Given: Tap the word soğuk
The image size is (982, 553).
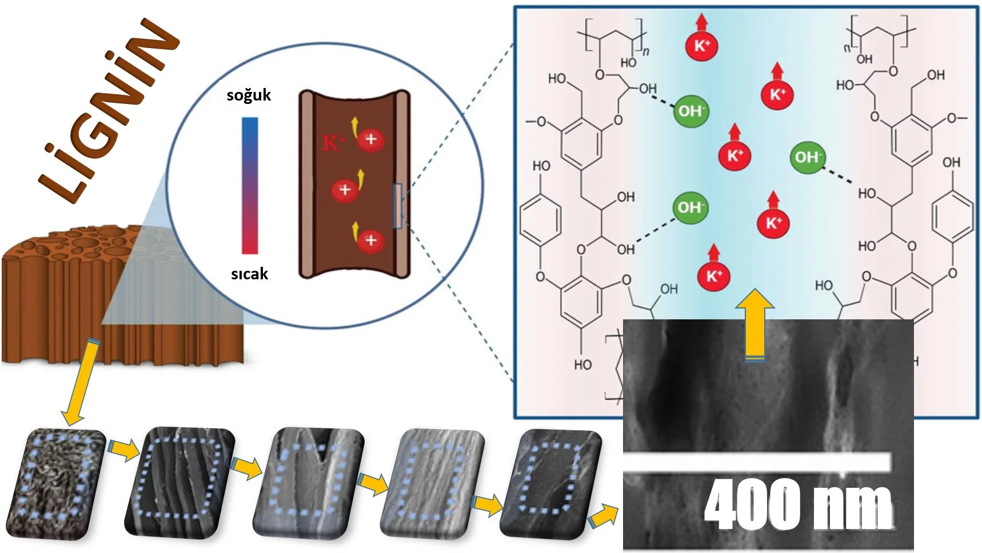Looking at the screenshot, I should [249, 95].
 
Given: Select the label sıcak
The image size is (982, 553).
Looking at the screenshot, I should [249, 274].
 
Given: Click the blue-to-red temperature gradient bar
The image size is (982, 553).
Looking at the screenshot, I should [250, 186].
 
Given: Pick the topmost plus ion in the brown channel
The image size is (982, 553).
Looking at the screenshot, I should [370, 139].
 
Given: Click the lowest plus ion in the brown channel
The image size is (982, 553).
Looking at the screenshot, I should [370, 240].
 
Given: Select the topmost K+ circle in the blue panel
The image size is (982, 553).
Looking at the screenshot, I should [701, 45].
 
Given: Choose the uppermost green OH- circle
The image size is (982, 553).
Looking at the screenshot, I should [691, 110].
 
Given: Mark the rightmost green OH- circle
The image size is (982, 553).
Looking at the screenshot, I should [807, 157].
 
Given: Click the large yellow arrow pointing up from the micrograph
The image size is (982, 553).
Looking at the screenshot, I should [755, 326].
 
